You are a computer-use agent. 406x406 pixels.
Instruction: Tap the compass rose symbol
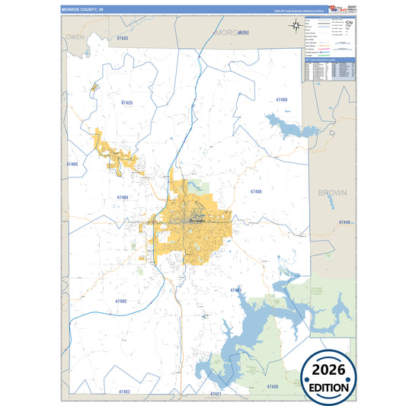[x=296, y=26]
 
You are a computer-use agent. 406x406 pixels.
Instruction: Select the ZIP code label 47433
[x=122, y=38]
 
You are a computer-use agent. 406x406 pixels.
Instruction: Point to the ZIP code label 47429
[x=126, y=102]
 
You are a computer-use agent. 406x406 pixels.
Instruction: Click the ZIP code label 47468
[x=281, y=100]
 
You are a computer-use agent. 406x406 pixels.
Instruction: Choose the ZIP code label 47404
[x=123, y=197]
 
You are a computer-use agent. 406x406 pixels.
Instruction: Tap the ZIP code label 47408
[x=256, y=191]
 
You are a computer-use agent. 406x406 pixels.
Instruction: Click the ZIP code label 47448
[x=346, y=222]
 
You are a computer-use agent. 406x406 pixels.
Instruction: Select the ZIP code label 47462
[x=124, y=391]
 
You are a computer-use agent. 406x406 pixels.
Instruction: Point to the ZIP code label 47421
[x=216, y=394]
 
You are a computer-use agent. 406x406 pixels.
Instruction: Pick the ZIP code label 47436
[x=272, y=386]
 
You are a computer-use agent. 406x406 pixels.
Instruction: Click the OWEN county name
[x=75, y=37]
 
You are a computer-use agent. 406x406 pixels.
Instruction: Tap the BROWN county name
[x=331, y=193]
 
